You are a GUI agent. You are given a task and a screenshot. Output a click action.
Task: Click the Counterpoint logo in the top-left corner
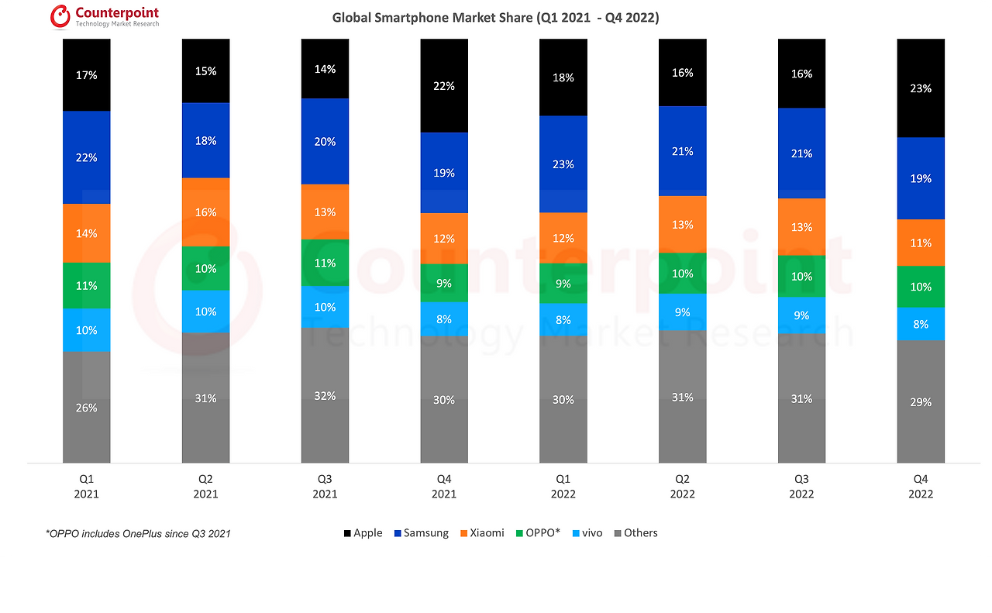point(105,16)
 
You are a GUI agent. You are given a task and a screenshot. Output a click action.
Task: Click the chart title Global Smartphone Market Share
point(495,17)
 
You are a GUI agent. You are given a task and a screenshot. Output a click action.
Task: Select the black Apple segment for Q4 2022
point(921,88)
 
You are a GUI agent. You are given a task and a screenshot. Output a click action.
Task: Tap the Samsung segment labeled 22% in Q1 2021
point(87,157)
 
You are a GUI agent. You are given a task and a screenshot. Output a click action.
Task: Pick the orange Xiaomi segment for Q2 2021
point(206,212)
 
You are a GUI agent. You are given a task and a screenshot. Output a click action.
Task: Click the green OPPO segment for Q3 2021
point(325,263)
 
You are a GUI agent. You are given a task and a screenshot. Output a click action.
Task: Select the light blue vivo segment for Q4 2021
point(444,318)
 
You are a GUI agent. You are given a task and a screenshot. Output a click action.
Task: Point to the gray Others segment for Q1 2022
point(563,400)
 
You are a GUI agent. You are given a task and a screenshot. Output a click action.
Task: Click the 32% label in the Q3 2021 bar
point(325,396)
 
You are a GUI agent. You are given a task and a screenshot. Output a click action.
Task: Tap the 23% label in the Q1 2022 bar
point(563,164)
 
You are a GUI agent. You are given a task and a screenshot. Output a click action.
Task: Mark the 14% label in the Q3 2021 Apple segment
point(325,69)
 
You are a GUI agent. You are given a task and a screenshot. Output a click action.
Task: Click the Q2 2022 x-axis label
point(683,487)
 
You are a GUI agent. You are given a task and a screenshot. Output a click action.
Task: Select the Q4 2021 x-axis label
point(444,487)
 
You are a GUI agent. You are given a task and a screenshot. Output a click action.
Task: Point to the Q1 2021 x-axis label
point(87,487)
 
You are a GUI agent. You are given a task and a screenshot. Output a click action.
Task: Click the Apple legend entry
point(363,533)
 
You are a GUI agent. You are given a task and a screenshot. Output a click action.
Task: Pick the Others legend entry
point(635,533)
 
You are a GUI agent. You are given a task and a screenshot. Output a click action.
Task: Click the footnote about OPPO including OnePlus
point(138,534)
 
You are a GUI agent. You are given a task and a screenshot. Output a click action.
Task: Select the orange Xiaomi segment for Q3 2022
point(801,227)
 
